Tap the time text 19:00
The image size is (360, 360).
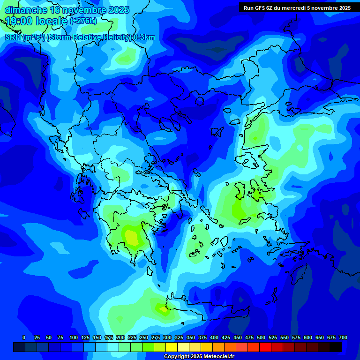(19, 21)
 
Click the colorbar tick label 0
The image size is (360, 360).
(24, 337)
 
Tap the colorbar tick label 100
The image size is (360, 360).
(74, 337)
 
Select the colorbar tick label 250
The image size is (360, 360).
(144, 337)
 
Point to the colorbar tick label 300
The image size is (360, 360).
(167, 337)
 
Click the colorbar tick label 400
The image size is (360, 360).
(214, 337)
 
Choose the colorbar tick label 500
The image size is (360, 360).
(261, 337)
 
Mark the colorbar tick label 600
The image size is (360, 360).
(308, 337)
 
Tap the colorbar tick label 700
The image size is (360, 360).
(343, 337)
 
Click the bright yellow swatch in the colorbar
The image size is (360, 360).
(172, 347)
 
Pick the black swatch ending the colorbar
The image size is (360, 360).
(336, 347)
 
